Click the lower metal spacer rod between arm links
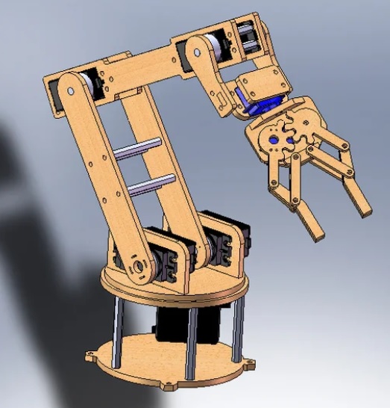coord(149,184)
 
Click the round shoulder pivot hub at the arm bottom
coord(137,267)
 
